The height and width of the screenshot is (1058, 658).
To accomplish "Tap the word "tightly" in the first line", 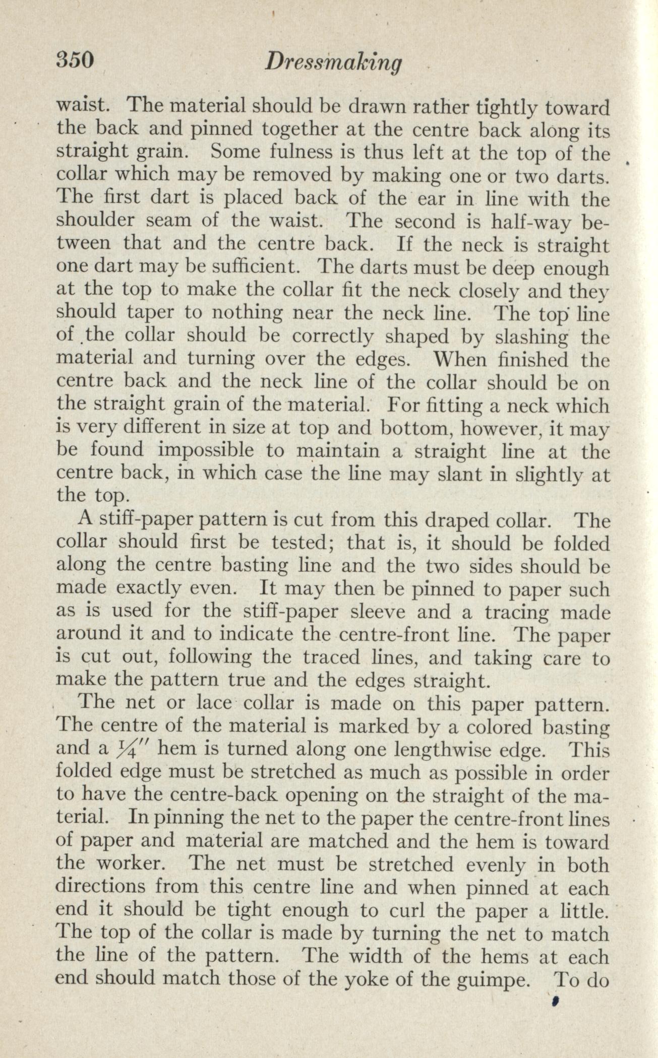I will pos(512,107).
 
